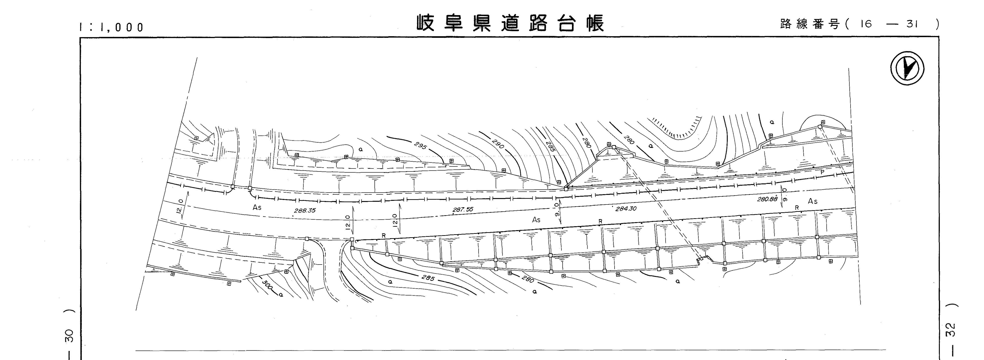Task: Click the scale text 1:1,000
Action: coord(111,27)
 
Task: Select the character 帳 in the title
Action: coord(594,23)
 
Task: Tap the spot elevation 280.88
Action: coord(767,199)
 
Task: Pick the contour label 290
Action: coord(498,144)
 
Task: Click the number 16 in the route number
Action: coord(866,24)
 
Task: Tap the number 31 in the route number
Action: coord(912,24)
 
